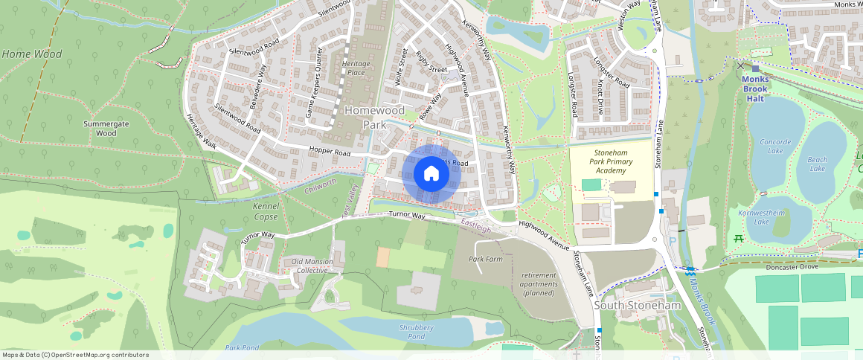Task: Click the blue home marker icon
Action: [x=431, y=174]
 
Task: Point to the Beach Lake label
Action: [x=817, y=164]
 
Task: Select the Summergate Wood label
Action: [x=106, y=127]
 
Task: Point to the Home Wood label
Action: [x=32, y=54]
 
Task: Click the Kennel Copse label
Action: [x=265, y=210]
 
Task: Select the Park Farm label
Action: [x=485, y=259]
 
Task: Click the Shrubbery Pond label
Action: [x=416, y=331]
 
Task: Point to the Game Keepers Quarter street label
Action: [x=315, y=93]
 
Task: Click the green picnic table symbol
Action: [x=738, y=239]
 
